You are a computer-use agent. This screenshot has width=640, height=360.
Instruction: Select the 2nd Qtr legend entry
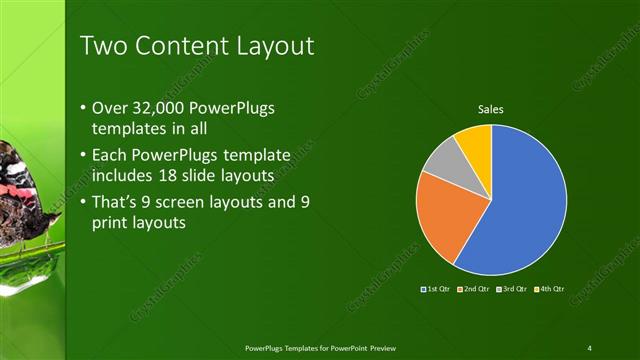(x=473, y=289)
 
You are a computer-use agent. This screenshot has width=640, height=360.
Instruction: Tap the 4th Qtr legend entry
(x=548, y=289)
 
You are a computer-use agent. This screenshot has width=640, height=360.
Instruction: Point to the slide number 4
(x=589, y=347)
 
